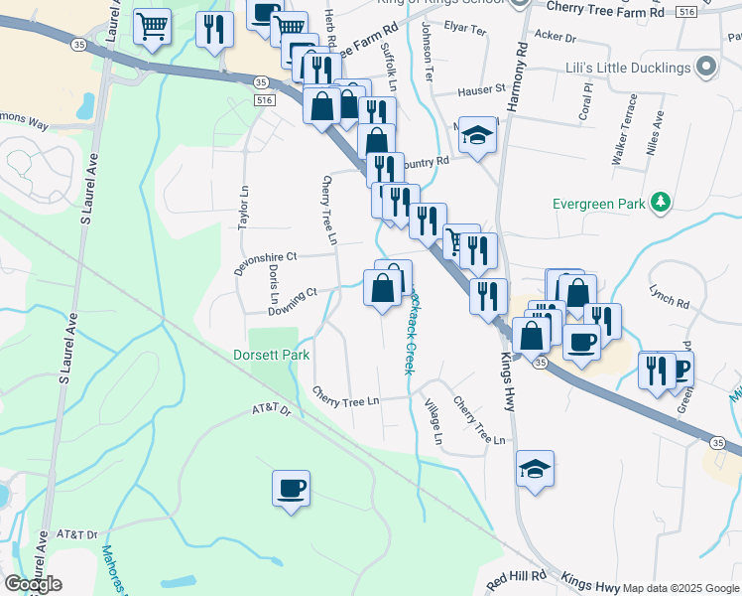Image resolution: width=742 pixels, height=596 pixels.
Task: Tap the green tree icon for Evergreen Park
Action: click(x=660, y=204)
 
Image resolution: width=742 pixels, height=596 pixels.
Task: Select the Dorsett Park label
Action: click(x=271, y=355)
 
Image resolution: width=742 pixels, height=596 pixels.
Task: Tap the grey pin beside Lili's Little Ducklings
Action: click(x=706, y=67)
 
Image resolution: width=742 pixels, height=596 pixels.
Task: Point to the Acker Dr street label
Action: click(x=555, y=37)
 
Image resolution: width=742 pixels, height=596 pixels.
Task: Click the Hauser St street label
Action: click(x=481, y=90)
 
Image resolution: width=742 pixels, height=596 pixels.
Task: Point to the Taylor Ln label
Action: click(x=243, y=208)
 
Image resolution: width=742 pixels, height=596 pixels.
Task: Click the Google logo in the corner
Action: click(x=33, y=584)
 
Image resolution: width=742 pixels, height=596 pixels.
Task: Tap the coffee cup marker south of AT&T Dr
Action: click(x=292, y=490)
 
